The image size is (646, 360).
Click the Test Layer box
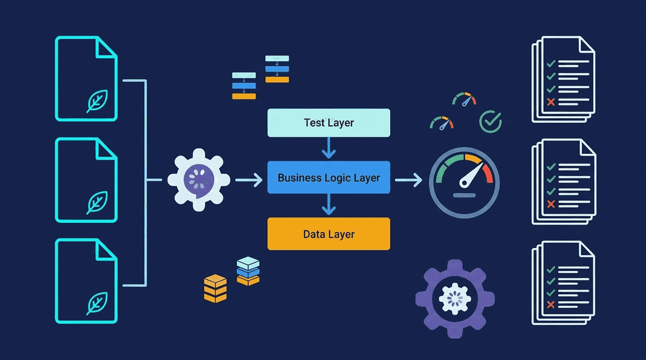328,123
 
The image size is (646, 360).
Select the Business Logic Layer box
328,178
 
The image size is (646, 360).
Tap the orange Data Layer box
328,234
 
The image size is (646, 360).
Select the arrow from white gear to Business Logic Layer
249,180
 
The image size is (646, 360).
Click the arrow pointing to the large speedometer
409,180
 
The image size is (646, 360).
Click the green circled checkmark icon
490,122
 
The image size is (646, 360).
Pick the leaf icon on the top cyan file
97,101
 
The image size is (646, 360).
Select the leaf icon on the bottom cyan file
97,303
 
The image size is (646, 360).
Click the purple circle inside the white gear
198,178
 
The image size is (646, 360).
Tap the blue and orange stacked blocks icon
248,272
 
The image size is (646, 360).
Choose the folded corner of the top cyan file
107,47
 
